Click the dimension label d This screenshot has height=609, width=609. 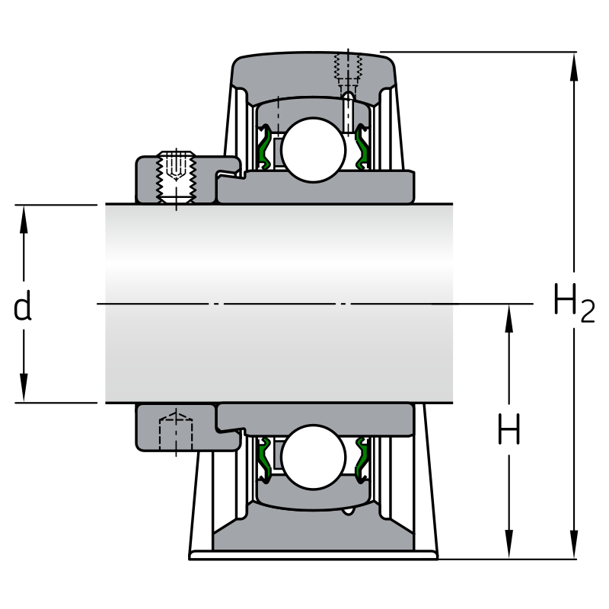[23, 305]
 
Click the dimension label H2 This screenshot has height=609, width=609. [574, 303]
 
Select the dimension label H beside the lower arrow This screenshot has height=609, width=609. [509, 429]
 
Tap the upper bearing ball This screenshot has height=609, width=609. [314, 149]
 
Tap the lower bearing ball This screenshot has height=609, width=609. [314, 457]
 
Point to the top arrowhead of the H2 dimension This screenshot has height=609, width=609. [574, 66]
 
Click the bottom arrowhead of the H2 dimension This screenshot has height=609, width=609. [574, 544]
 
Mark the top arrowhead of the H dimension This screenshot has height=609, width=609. [509, 318]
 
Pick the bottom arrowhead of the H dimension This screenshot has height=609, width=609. [509, 544]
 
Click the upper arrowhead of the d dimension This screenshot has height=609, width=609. [24, 219]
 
